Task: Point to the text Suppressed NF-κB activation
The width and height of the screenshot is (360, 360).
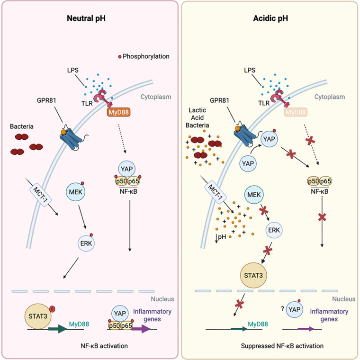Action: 270,346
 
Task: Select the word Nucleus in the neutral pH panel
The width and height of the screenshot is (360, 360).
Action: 162,299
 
